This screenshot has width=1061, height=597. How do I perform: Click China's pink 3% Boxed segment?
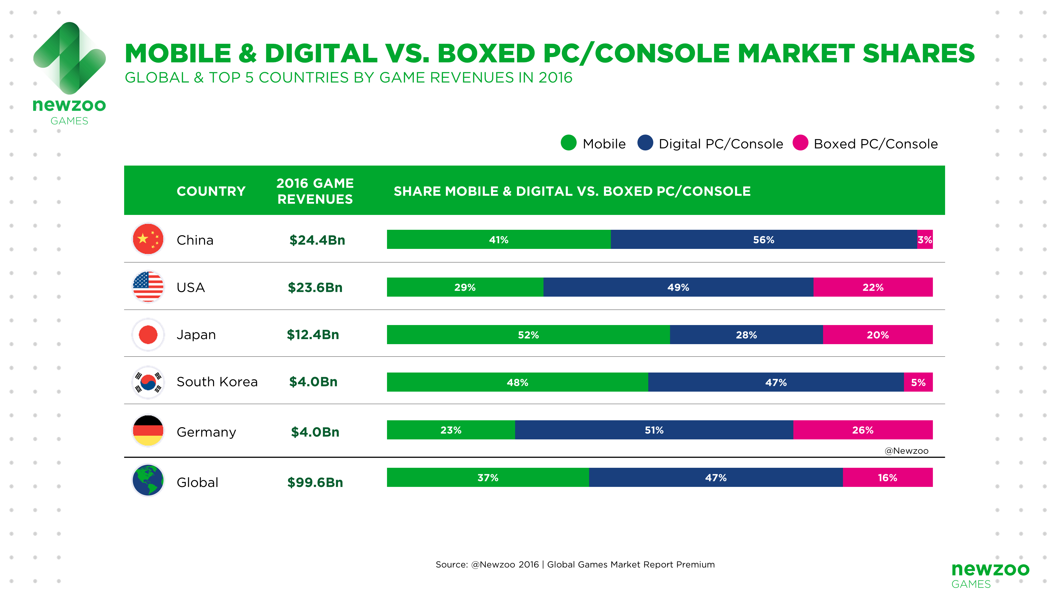click(925, 239)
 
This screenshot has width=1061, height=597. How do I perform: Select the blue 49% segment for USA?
click(678, 287)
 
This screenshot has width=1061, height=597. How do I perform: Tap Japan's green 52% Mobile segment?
click(528, 335)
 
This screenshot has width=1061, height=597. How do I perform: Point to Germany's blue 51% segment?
click(654, 430)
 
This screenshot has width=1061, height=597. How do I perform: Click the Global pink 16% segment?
click(888, 478)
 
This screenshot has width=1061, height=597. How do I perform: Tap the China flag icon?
click(148, 239)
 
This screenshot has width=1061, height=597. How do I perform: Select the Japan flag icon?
click(148, 335)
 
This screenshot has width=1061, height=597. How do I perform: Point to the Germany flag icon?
click(148, 431)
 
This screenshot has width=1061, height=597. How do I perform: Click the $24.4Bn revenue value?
click(317, 240)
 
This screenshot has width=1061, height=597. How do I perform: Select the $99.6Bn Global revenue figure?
click(315, 482)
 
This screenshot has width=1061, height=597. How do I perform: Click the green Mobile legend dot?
click(568, 143)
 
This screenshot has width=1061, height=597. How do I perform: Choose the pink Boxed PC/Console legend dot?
click(800, 143)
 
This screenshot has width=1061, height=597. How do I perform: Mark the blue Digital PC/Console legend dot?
click(645, 143)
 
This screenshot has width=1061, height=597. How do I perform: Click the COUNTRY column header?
click(211, 191)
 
